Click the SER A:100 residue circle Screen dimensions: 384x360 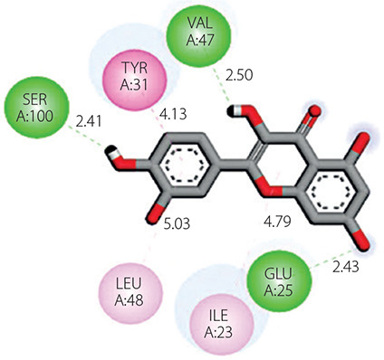(x=34, y=108)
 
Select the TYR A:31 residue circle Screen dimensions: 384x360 (x=134, y=76)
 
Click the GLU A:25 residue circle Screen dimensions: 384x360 (x=278, y=282)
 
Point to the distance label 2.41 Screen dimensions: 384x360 (x=89, y=122)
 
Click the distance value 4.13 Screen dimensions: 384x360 (x=173, y=115)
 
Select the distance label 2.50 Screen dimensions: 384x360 (x=239, y=75)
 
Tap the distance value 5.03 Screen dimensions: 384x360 (x=177, y=224)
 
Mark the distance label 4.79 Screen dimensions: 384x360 (x=277, y=222)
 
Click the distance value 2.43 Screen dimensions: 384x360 (x=346, y=267)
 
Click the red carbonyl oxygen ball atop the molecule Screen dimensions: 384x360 (x=315, y=110)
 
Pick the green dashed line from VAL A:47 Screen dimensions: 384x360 (x=222, y=86)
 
